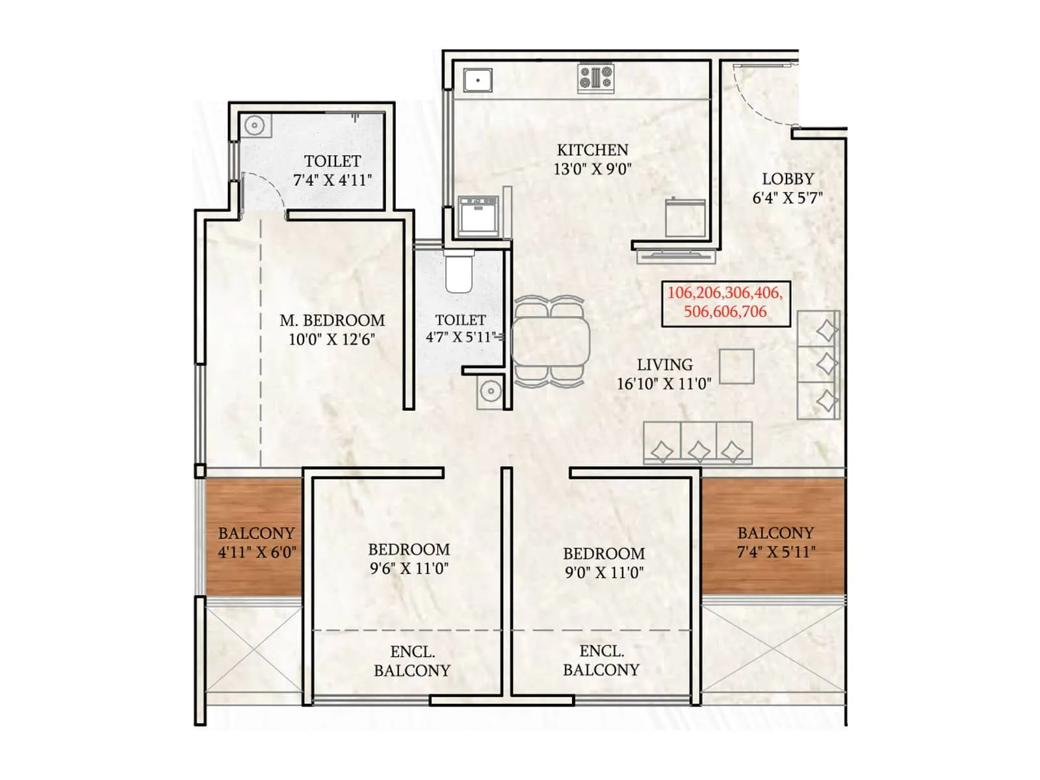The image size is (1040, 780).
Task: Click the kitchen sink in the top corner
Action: point(478,81)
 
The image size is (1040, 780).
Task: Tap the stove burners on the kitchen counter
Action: point(596,77)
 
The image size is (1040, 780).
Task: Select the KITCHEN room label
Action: point(592,150)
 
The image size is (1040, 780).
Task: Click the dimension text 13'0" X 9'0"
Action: point(592,170)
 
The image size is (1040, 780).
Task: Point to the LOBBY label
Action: point(788,179)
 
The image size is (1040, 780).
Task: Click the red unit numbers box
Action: point(725,303)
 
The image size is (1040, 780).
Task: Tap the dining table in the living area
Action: point(551,343)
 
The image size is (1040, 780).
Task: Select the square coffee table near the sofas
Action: point(736,367)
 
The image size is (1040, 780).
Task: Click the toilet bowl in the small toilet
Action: point(458,273)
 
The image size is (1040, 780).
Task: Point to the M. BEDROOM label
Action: point(332,320)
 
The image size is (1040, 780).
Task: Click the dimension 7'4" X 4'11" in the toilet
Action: point(332,180)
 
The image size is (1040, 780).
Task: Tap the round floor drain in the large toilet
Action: point(255,125)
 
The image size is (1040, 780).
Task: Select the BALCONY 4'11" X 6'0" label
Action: point(256,543)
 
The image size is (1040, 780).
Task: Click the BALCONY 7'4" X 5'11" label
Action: point(775,543)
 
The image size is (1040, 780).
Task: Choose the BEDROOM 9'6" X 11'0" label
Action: point(409,559)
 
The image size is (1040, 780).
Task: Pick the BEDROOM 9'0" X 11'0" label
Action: point(604,563)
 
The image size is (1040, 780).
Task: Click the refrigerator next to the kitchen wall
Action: point(685,218)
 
